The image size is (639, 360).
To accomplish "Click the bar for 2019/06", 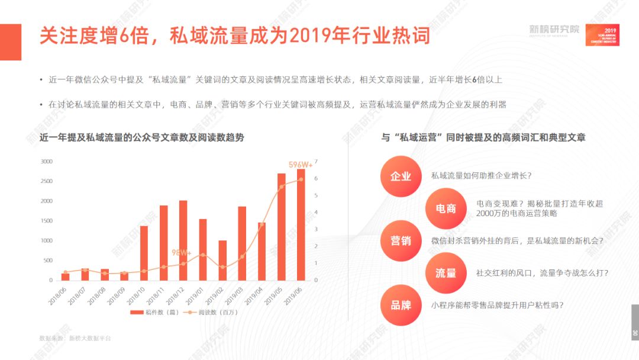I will (301, 225).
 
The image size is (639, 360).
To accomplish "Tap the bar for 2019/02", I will (222, 261).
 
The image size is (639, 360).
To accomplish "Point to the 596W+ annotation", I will (301, 165).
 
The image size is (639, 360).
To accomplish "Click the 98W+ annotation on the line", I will (182, 252).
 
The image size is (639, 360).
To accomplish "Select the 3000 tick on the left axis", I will (46, 162).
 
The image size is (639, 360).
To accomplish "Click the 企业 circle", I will (401, 176).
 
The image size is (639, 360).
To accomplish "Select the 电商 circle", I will (446, 208).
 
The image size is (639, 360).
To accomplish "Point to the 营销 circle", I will (401, 241).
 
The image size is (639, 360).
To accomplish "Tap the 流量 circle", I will (446, 273).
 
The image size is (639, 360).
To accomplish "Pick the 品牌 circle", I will (401, 306).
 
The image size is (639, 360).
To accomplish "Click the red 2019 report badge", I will (602, 35).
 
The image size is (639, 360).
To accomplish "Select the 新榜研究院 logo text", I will (554, 30).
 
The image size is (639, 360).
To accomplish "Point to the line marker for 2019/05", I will (281, 187).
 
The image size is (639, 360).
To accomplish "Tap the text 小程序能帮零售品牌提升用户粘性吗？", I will (497, 306).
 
